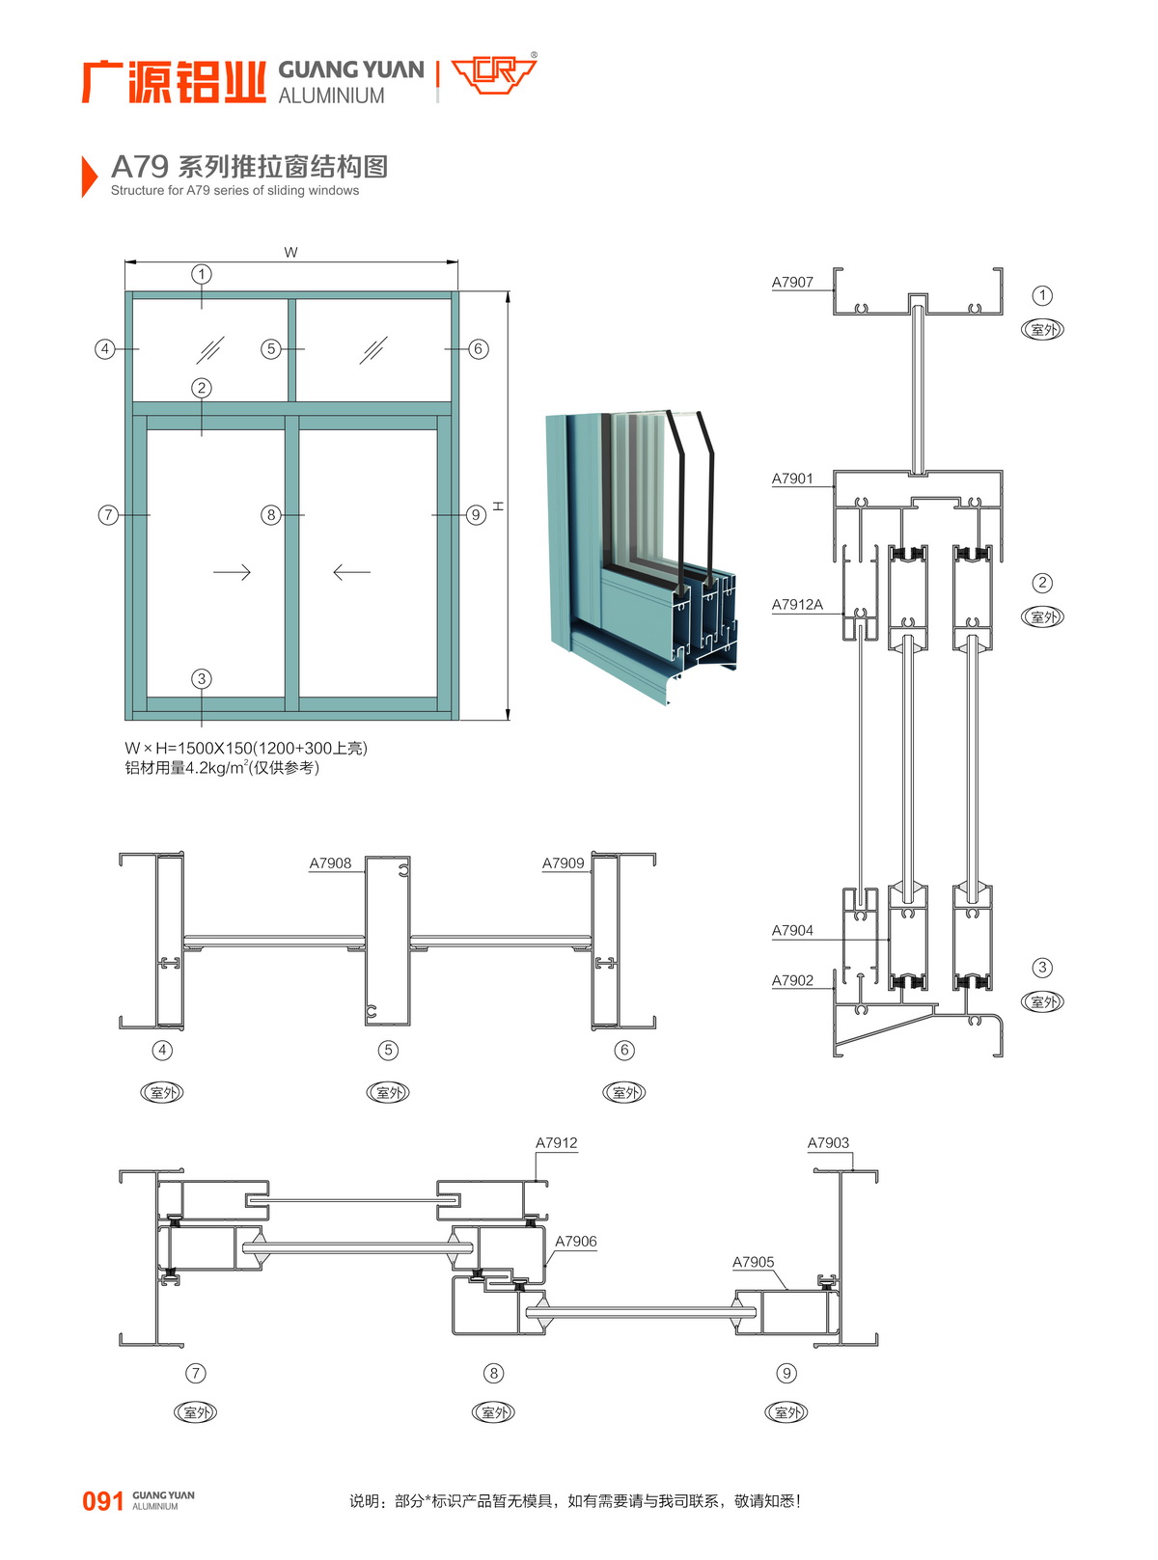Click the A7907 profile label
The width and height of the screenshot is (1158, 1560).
(x=792, y=283)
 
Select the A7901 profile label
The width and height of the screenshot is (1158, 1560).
(x=792, y=479)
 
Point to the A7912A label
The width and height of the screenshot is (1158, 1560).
(x=797, y=605)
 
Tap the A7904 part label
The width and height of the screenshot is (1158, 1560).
(x=792, y=931)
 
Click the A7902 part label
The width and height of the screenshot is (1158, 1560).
(x=792, y=981)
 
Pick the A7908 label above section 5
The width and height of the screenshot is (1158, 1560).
(x=330, y=863)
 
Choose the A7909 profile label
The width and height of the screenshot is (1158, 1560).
(x=564, y=863)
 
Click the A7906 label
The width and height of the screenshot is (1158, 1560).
(x=576, y=1242)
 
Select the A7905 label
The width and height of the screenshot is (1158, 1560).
(x=754, y=1263)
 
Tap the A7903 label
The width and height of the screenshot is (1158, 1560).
(x=828, y=1143)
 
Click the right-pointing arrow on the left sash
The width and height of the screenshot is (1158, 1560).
(x=232, y=572)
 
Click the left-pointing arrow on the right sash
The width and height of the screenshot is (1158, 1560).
(x=351, y=572)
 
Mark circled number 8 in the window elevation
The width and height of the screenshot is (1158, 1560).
(x=271, y=515)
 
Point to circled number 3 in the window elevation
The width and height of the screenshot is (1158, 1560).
(x=202, y=679)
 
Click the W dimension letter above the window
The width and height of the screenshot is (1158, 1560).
(x=290, y=253)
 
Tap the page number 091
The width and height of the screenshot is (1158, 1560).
(x=102, y=1501)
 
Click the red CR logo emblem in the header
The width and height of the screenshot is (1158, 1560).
(x=493, y=74)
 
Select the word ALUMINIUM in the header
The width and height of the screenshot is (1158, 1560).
(x=331, y=96)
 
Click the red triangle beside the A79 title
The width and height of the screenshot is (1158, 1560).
(x=89, y=177)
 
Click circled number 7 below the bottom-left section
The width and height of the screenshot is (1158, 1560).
(x=196, y=1373)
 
